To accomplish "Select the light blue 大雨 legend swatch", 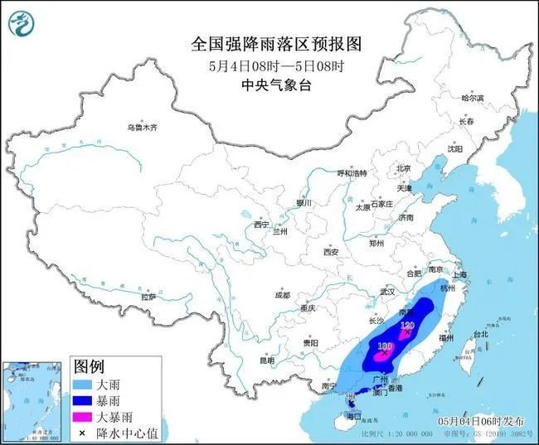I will [84, 385].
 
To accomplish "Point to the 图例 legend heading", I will [89, 366].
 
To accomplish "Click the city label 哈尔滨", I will [472, 99].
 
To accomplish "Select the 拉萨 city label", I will [148, 296].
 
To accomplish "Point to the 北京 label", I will [404, 167].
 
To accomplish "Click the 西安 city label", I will [332, 251].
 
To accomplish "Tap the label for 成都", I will [282, 295].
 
